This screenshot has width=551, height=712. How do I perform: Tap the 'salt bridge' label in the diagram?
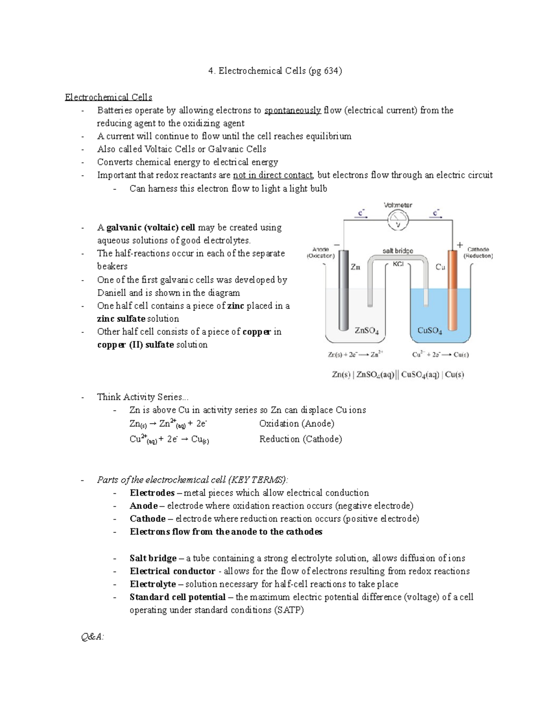(x=398, y=251)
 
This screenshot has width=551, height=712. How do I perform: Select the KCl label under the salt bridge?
(x=398, y=265)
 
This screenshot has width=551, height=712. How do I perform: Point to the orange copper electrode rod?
(x=453, y=289)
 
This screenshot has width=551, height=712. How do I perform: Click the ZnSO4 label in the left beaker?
(x=367, y=331)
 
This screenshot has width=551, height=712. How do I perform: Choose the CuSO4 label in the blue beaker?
(x=430, y=331)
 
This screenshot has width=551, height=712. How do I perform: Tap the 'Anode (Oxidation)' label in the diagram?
(x=320, y=253)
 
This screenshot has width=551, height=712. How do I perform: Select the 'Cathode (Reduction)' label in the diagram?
(x=478, y=253)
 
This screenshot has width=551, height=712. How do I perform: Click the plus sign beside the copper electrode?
(x=460, y=245)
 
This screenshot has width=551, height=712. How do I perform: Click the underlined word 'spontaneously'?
(x=292, y=110)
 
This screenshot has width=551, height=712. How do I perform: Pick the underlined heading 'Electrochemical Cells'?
(x=108, y=97)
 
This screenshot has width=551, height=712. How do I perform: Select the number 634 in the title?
(x=332, y=71)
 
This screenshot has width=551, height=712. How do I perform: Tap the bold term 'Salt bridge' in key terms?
(x=153, y=558)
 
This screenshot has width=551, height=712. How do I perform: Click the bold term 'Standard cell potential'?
(x=177, y=597)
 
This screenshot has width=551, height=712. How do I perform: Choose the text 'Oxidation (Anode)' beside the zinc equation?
(x=297, y=424)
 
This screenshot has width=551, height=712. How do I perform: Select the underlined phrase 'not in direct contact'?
(x=273, y=175)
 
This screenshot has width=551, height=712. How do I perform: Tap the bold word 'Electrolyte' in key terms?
(x=152, y=584)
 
